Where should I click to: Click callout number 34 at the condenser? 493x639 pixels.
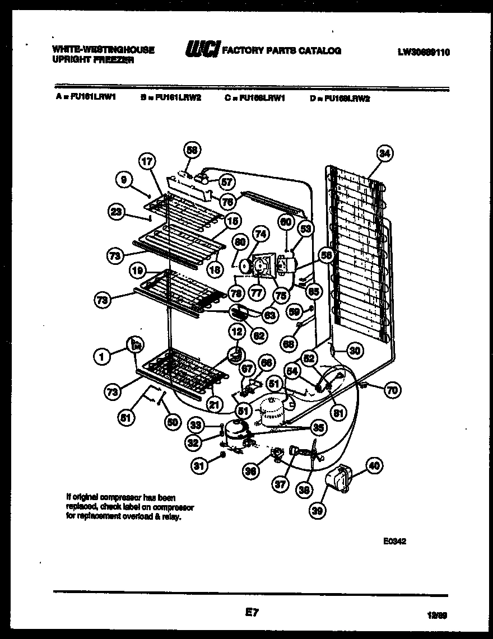pos(385,153)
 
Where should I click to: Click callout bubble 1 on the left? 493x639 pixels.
pos(103,355)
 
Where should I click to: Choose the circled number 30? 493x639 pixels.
pos(355,351)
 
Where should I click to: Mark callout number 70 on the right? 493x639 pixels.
pos(393,390)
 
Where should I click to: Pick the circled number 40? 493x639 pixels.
pos(374,464)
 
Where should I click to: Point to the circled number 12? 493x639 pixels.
pos(236,332)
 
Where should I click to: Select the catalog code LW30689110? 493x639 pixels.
pos(424,52)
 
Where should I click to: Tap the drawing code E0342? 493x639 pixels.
pos(394,541)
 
